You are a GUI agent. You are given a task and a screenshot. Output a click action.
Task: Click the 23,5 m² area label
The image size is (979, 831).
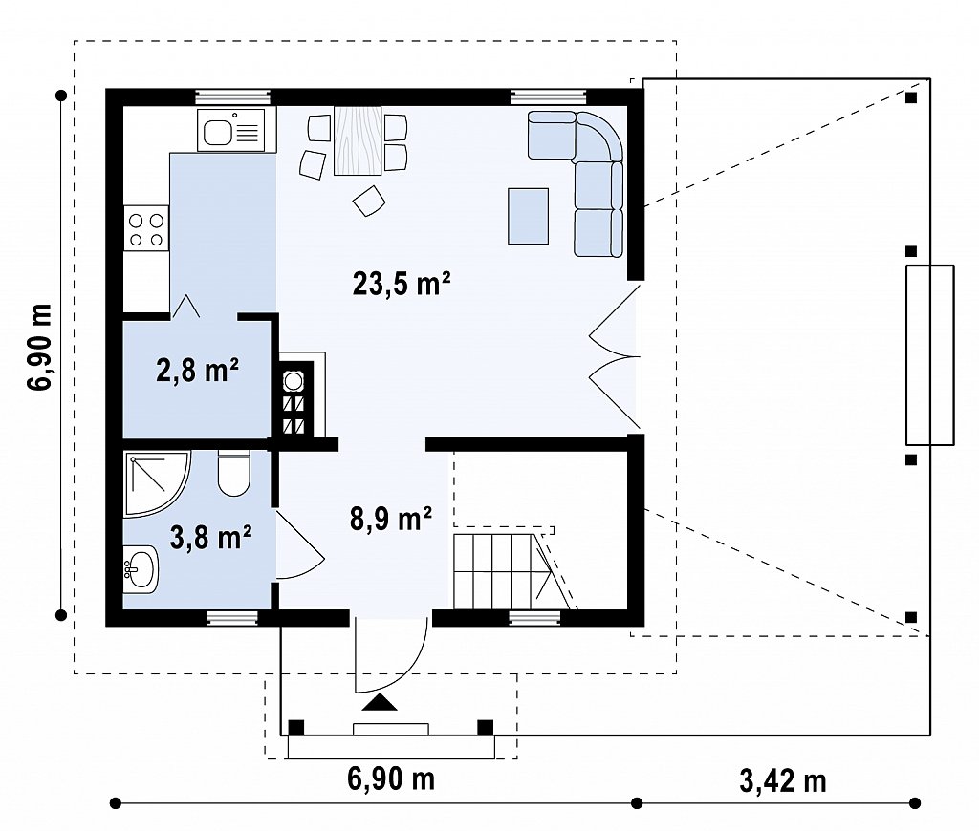pos(402,284)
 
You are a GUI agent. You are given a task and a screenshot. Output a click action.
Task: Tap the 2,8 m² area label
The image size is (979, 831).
pos(197,371)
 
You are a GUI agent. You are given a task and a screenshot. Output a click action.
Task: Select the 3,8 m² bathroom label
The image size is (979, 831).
pos(211,538)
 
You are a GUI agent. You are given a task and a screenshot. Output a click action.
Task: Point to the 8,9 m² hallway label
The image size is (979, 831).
pos(391,519)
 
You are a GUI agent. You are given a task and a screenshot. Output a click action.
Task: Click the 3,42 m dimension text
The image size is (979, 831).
pos(783,780)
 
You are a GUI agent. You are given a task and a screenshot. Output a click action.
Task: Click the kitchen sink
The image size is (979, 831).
pos(230,130)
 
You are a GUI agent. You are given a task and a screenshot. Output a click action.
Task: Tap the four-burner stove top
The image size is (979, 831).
pos(146,228)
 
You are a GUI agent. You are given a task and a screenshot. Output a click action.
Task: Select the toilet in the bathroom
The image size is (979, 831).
pos(234,473)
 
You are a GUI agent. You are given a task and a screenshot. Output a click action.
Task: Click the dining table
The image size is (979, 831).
pos(358,140)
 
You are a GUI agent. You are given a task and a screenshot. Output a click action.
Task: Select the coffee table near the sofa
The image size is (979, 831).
pos(528,216)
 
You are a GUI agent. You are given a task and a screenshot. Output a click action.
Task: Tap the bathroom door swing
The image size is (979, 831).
pos(299,545)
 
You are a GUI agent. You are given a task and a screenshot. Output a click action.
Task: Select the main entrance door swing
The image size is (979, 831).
pos(391,655)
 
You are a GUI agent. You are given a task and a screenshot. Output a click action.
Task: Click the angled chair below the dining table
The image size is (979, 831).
pos(369,201)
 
